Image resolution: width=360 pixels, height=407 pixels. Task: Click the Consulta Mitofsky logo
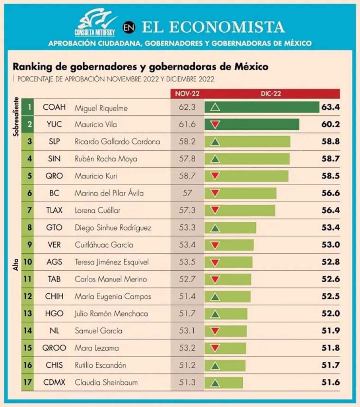(x=97, y=25)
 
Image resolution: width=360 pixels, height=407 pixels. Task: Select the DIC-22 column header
(x=272, y=93)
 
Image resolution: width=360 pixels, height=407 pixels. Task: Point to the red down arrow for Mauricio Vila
(x=215, y=124)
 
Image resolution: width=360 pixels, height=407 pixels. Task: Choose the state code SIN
(x=54, y=159)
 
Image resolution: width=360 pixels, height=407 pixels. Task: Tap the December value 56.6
(x=331, y=193)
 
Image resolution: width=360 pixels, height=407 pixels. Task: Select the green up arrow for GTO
(x=215, y=228)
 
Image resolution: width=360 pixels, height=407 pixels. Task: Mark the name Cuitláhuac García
(x=104, y=245)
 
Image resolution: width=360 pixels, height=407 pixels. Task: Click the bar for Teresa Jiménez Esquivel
(x=229, y=262)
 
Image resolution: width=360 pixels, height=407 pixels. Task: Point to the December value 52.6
(x=331, y=279)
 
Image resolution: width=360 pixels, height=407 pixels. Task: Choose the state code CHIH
(x=54, y=297)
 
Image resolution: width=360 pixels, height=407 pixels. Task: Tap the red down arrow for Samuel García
(x=215, y=331)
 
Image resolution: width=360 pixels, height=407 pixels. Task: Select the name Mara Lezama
(x=91, y=348)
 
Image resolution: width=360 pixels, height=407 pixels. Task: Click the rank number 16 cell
(x=28, y=365)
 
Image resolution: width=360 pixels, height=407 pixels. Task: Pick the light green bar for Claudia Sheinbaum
(x=224, y=382)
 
